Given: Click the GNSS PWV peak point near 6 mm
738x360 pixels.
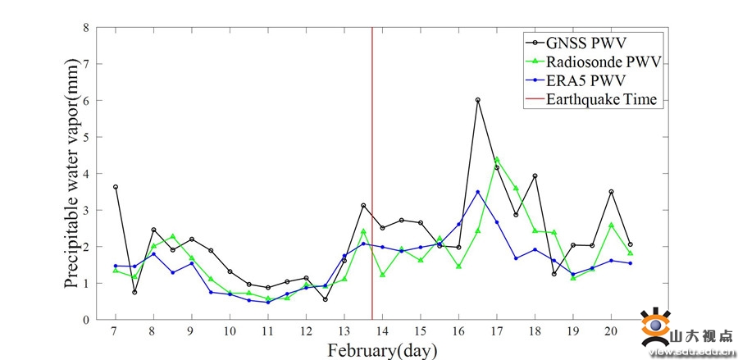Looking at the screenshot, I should click(x=477, y=100).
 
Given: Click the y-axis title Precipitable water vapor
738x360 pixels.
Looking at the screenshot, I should click(x=72, y=173).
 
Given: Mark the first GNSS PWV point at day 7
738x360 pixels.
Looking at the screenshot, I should click(x=116, y=187).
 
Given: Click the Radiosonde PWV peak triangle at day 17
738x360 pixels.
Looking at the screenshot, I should click(x=497, y=159).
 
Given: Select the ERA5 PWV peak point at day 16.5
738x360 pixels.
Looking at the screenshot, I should click(x=477, y=192).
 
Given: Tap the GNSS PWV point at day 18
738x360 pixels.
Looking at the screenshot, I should click(x=535, y=176).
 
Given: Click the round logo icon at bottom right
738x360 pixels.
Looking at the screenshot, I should click(x=655, y=328).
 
